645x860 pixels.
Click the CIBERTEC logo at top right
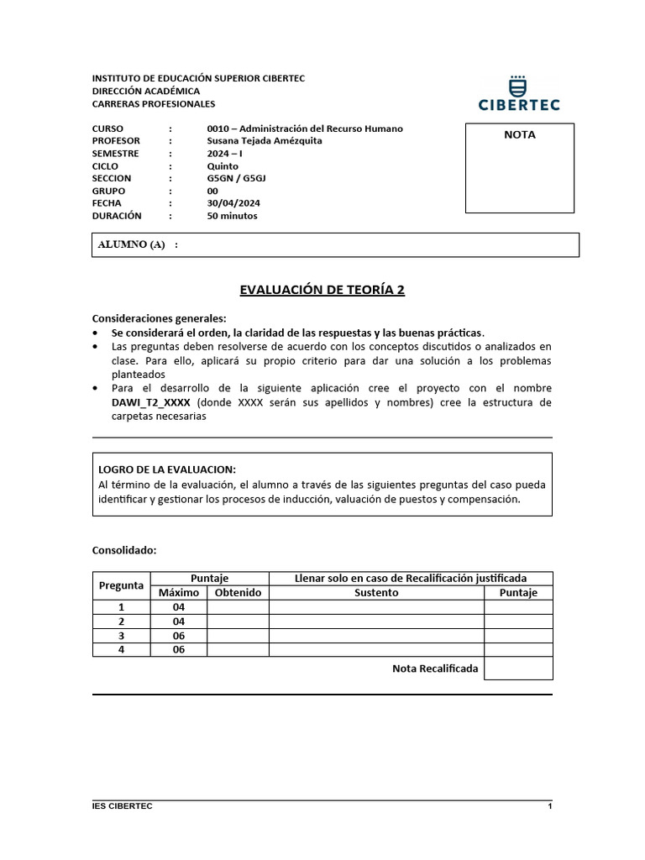[x=519, y=93]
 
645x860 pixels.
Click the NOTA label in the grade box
[x=519, y=134]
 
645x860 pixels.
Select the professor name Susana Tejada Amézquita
[x=265, y=141]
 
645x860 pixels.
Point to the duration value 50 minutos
[x=232, y=216]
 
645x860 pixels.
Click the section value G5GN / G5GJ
[x=237, y=178]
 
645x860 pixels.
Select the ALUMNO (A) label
[x=132, y=244]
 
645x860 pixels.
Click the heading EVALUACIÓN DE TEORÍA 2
[x=322, y=290]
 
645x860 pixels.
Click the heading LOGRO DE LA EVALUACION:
[x=167, y=469]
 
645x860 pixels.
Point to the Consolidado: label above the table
[x=124, y=550]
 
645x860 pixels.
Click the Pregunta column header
[x=122, y=585]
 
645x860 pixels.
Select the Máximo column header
[x=179, y=593]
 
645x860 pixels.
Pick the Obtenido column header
[x=238, y=593]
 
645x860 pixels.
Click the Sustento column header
[x=376, y=593]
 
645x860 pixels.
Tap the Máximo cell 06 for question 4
[x=178, y=649]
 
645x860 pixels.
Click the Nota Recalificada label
[x=435, y=669]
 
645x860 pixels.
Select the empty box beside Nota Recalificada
[x=518, y=669]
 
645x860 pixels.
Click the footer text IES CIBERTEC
[x=123, y=806]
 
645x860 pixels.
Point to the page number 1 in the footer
[x=549, y=806]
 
